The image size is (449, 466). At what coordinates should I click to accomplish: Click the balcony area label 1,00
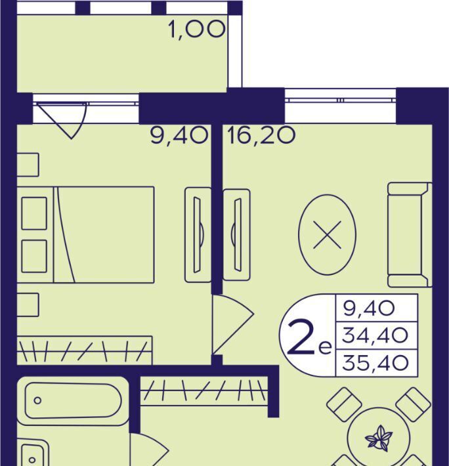pos(197,30)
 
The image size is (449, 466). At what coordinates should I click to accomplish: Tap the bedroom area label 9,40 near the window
pos(179,136)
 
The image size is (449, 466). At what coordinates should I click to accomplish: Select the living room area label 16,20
pos(261,136)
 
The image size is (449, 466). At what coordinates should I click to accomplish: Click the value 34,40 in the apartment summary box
pos(375,335)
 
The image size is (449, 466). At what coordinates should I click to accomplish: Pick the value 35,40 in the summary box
pos(375,363)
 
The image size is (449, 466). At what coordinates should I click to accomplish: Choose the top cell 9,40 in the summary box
pos(369,308)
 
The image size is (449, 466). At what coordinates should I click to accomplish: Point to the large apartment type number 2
pos(301,337)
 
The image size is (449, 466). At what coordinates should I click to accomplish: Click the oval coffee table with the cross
pos(327,235)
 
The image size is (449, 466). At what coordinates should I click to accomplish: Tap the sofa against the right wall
pos(410,235)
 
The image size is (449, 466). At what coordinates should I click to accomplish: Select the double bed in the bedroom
pos(85,235)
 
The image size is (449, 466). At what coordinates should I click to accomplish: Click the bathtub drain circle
pos(37,400)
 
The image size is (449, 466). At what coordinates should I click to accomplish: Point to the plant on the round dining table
pos(379,437)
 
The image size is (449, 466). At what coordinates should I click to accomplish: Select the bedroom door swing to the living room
pos(232,324)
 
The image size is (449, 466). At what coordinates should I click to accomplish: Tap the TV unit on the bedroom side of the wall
pos(198,235)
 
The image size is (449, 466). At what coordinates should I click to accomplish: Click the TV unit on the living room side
pos(236,235)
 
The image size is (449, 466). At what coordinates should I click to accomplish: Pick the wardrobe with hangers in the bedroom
pos(85,350)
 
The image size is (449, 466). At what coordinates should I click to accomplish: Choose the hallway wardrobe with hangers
pos(204,391)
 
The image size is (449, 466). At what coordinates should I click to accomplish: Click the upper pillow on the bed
pos(34,213)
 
